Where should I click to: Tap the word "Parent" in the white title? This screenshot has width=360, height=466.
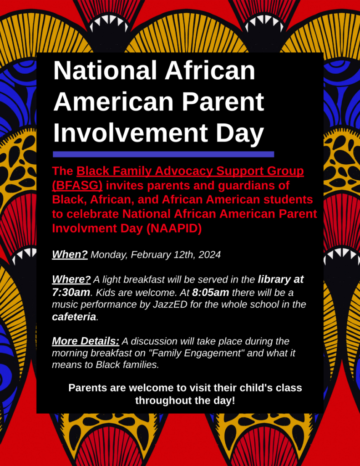click(x=223, y=101)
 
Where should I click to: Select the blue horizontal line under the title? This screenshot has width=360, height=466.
click(x=163, y=154)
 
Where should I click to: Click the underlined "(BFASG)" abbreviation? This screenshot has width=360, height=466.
click(x=77, y=185)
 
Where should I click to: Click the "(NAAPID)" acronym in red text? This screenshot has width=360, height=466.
click(x=174, y=228)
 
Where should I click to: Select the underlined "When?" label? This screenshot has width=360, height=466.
click(x=70, y=255)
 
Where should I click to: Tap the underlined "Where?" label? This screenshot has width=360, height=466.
click(x=71, y=279)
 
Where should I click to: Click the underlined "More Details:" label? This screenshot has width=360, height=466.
click(x=86, y=341)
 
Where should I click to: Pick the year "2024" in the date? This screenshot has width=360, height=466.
click(x=209, y=255)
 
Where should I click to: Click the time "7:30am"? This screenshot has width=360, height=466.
click(x=71, y=293)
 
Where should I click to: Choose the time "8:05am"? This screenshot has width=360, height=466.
click(x=210, y=293)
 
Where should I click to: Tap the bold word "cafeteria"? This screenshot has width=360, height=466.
click(x=74, y=317)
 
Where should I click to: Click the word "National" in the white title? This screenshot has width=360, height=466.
click(x=105, y=71)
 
